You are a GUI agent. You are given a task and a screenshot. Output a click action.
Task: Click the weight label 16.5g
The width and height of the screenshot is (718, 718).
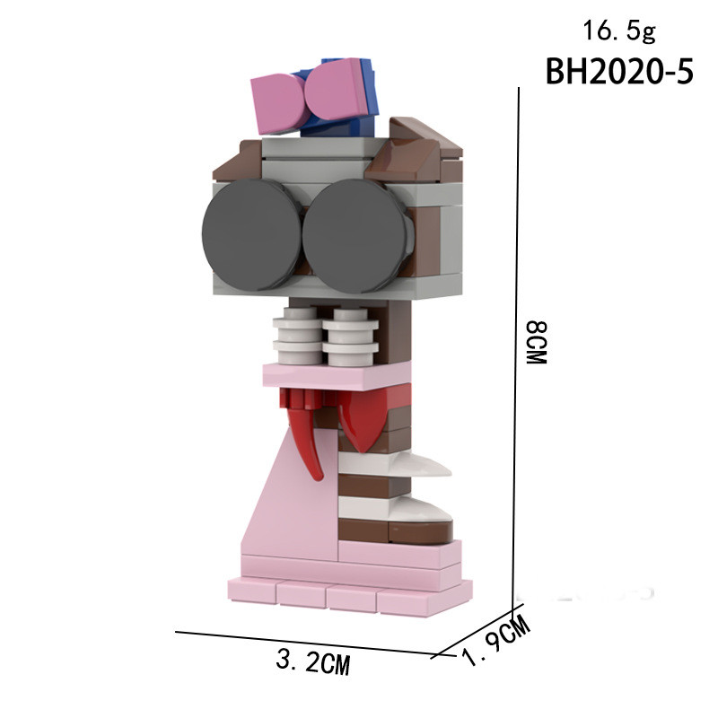619,31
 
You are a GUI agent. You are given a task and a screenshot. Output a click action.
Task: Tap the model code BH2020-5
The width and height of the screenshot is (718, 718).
619,72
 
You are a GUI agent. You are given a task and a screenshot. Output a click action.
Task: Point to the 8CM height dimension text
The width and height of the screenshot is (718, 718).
536,343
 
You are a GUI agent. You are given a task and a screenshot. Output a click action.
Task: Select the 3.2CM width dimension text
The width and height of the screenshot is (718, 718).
313,661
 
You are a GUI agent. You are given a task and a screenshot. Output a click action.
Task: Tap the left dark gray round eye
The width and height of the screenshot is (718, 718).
253,234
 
